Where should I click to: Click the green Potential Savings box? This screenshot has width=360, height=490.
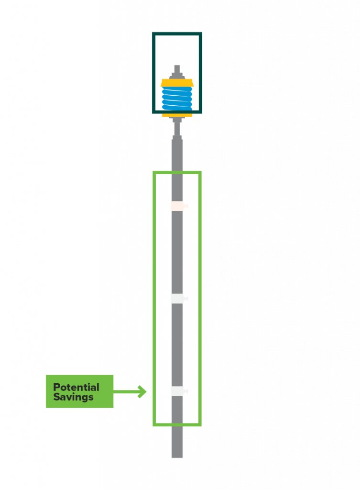pos(79,391)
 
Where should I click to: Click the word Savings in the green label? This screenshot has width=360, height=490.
pos(73,397)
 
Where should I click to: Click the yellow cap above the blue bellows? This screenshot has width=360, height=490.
pos(177,83)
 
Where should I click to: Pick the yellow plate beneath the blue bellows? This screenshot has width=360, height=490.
pos(177,115)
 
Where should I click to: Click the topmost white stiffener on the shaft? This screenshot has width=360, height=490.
pos(177,206)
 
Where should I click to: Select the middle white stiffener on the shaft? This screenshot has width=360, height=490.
pos(177,299)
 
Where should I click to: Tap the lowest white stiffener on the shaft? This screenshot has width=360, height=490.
pos(177,391)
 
